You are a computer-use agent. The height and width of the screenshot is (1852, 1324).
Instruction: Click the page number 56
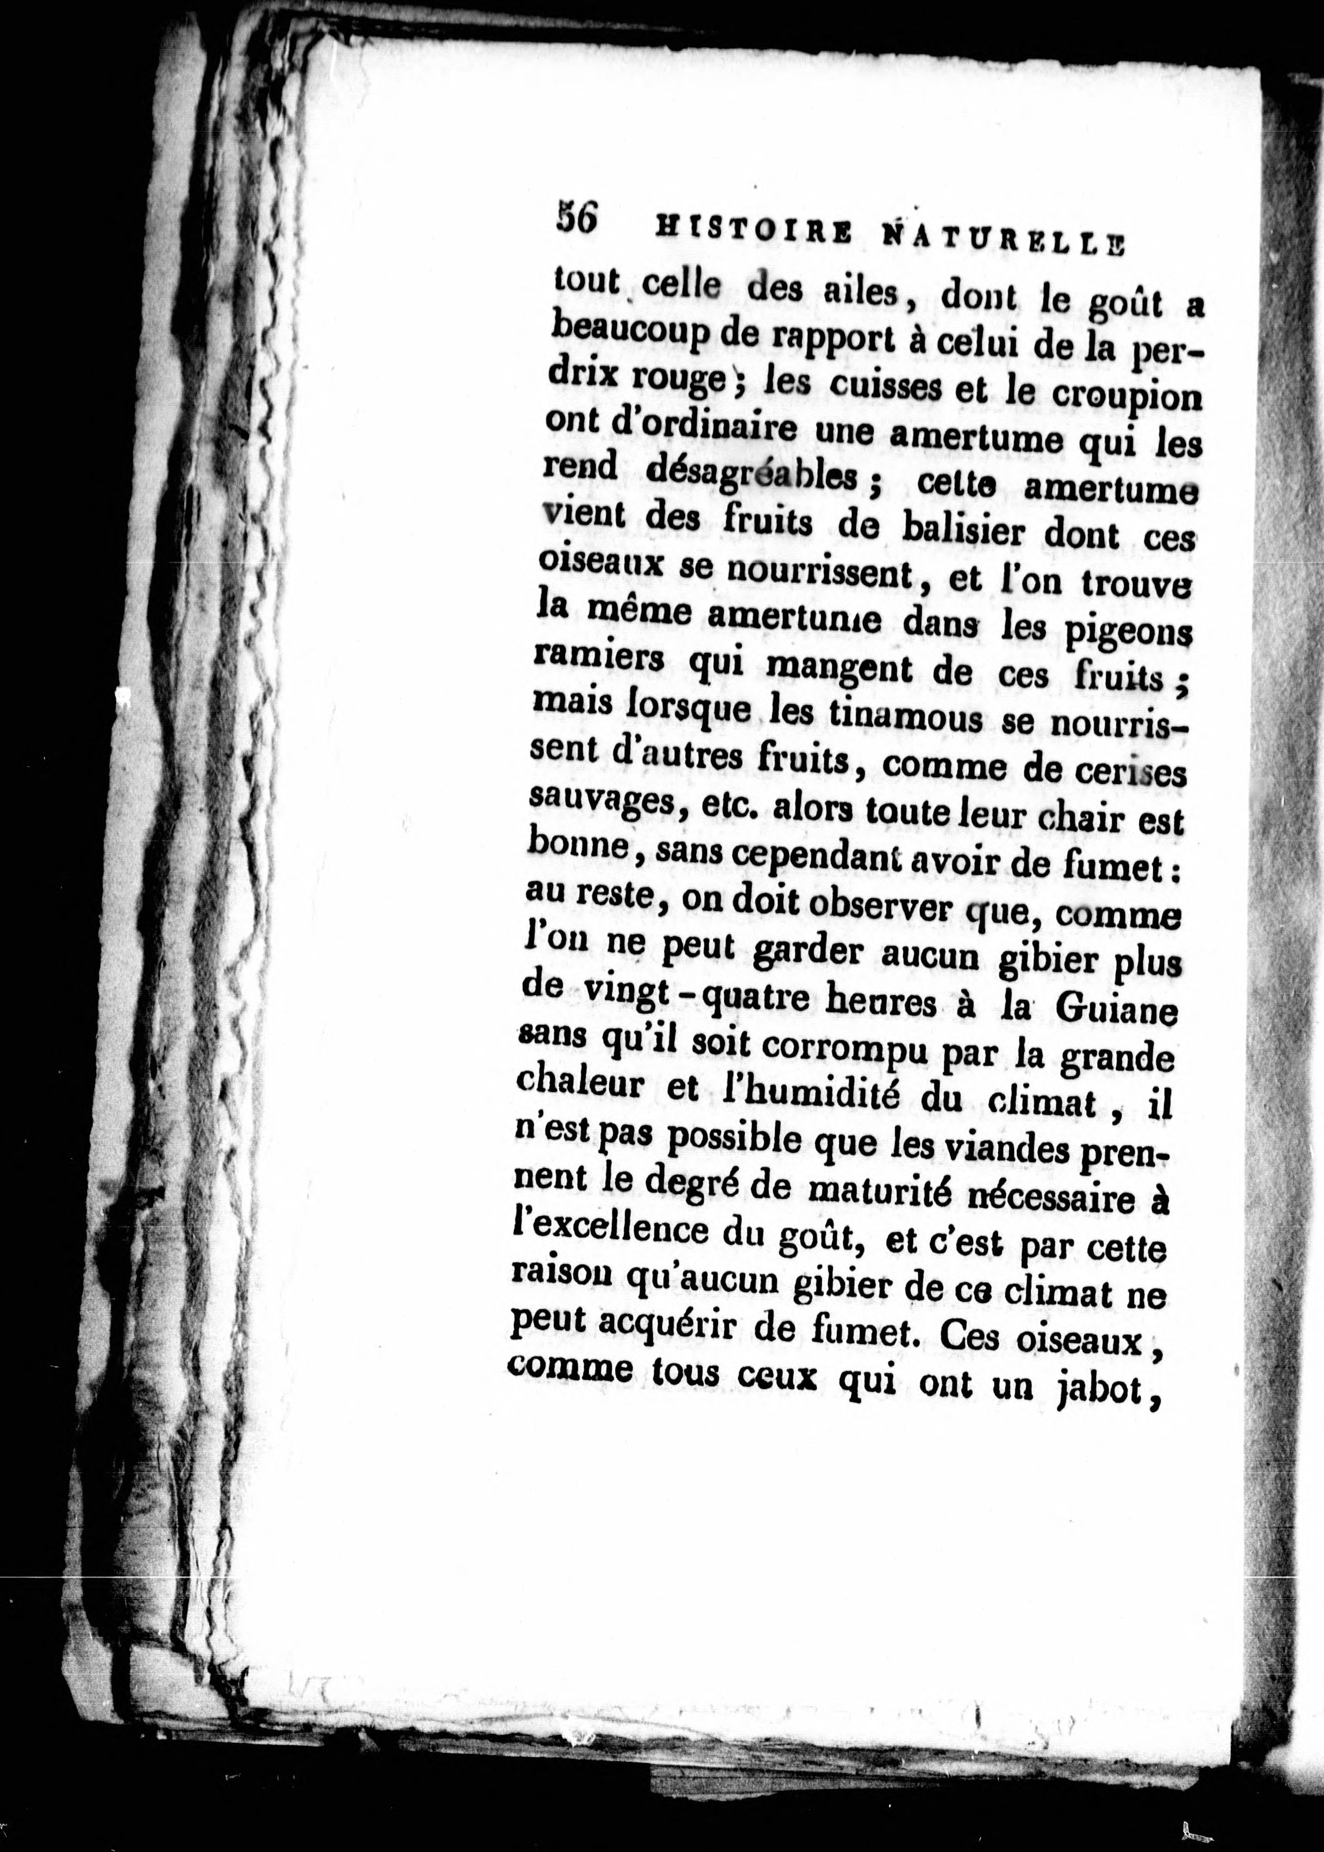(575, 219)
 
